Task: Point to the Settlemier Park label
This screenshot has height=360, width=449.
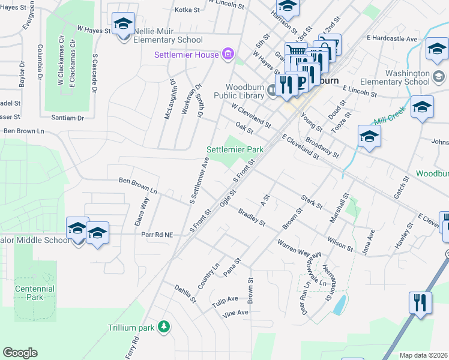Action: click(x=235, y=149)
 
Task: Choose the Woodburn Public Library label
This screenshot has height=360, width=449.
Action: click(x=244, y=91)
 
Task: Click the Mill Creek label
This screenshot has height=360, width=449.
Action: click(x=387, y=118)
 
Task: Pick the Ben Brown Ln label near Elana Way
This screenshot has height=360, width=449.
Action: click(x=137, y=185)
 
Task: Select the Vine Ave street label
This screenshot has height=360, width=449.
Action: click(x=235, y=313)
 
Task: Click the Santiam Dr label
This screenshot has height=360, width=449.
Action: click(x=67, y=118)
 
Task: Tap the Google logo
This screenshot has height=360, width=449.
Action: click(x=20, y=353)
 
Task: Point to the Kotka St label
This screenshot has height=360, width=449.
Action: click(x=186, y=10)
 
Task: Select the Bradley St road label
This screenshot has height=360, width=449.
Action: click(x=252, y=218)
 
